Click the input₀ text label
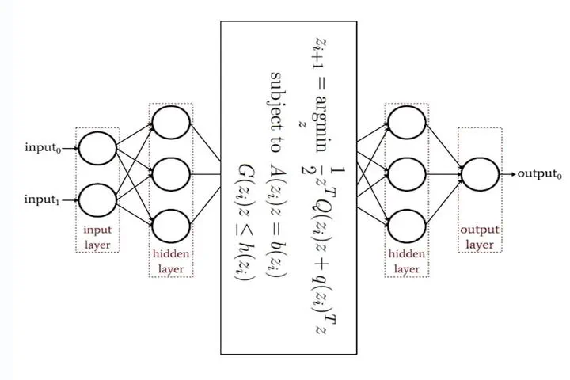click(x=43, y=147)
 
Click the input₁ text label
click(x=42, y=199)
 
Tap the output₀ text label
click(x=539, y=174)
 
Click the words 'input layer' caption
click(x=97, y=237)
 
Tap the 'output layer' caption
click(x=480, y=237)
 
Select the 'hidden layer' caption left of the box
click(x=171, y=261)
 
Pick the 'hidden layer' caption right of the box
click(x=407, y=261)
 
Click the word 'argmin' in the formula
click(x=321, y=124)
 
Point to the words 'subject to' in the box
click(x=276, y=112)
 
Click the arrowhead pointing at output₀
click(x=513, y=174)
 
